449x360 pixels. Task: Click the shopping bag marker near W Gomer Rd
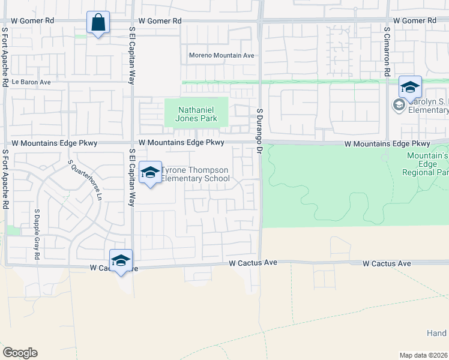[98, 23]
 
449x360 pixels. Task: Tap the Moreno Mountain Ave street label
[221, 55]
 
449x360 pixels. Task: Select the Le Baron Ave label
[31, 82]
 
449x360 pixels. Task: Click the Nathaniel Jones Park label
[196, 114]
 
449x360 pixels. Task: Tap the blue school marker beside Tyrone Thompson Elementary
[150, 173]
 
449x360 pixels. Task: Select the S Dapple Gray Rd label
[37, 234]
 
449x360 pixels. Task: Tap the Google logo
[20, 353]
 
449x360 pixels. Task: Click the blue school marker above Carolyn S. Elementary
[410, 88]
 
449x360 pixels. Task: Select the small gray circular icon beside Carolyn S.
[398, 106]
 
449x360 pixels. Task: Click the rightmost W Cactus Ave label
[387, 263]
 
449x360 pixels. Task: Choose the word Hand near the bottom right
[436, 333]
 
